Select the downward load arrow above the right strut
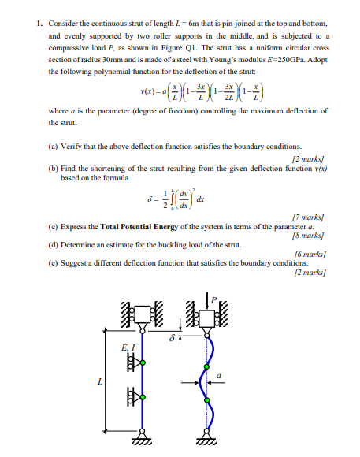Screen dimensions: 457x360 [209, 303]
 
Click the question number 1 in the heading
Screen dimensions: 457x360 [39, 24]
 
